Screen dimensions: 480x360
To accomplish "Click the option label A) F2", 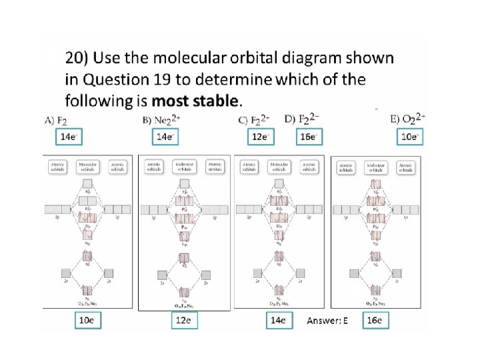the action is [x=56, y=121].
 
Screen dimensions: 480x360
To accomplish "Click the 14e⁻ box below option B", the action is [x=164, y=137].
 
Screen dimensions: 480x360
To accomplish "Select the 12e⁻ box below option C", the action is [x=257, y=137].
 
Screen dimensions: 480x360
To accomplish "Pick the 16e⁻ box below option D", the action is [x=308, y=137].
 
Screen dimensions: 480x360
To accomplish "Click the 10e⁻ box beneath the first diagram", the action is [x=88, y=321].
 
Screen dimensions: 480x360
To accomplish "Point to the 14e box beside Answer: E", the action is [x=278, y=321].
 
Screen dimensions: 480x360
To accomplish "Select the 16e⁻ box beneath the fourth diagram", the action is [x=376, y=321].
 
